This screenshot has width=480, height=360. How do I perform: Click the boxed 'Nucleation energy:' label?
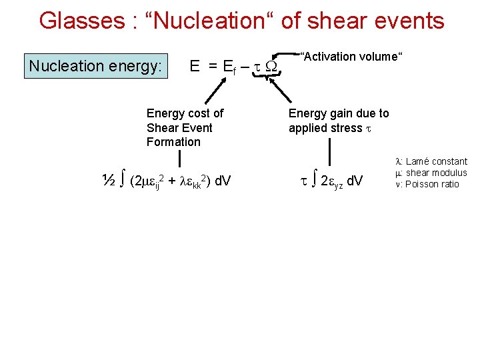[95, 66]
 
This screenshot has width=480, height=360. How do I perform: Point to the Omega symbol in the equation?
[271, 67]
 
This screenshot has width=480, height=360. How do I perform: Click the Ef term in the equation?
[228, 67]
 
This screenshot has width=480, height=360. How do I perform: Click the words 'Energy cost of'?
[185, 113]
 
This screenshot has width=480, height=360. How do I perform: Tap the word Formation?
[173, 141]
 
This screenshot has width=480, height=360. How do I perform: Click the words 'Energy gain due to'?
[339, 113]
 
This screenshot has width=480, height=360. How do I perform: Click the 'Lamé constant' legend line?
[431, 161]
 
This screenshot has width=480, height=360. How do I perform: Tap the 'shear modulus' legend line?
[431, 173]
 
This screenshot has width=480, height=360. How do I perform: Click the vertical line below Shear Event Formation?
[179, 159]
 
